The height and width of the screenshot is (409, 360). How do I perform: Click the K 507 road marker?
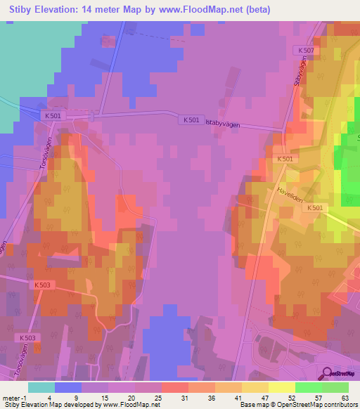click(304, 51)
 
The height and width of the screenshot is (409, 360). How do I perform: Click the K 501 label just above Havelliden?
click(285, 160)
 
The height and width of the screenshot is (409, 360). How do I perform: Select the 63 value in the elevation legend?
click(345, 397)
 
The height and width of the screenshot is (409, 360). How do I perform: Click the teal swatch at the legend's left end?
click(41, 387)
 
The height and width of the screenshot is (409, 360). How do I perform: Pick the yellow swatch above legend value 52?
click(281, 387)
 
